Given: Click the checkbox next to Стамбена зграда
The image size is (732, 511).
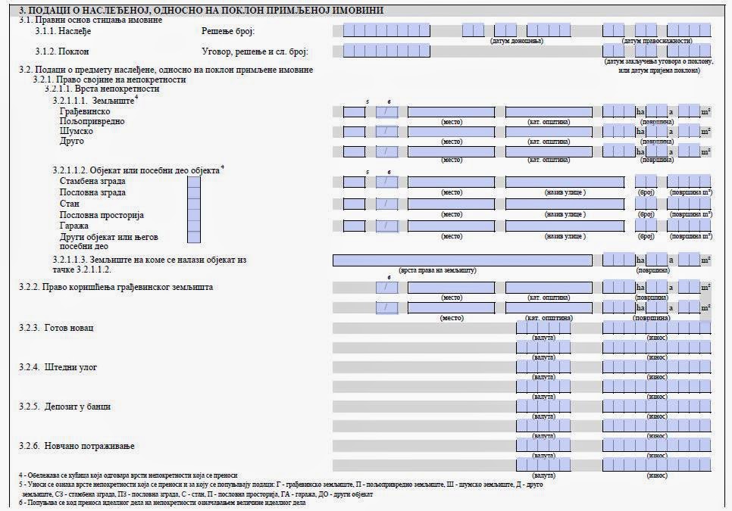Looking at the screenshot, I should pyautogui.click(x=194, y=182).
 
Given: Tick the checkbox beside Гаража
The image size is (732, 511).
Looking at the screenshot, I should pyautogui.click(x=194, y=226).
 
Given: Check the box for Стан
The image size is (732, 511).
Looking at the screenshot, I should pyautogui.click(x=194, y=204).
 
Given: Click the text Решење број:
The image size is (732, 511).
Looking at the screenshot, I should pyautogui.click(x=228, y=31).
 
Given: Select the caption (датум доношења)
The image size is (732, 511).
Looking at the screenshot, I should pyautogui.click(x=517, y=40).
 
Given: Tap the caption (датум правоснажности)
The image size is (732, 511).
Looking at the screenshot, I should pyautogui.click(x=657, y=40).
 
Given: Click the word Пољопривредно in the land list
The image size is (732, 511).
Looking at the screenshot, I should pyautogui.click(x=92, y=121).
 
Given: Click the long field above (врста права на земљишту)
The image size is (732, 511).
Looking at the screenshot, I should pyautogui.click(x=462, y=260).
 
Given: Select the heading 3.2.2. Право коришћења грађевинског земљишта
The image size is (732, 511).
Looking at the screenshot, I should pyautogui.click(x=115, y=287).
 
